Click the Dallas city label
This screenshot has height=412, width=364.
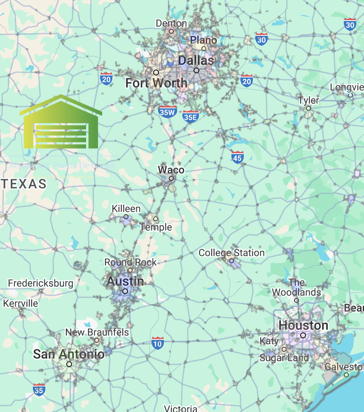coord(196,61)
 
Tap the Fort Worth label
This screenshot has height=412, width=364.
coord(156,83)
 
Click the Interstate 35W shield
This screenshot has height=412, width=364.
coord(168,111)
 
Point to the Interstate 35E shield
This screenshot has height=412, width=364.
coord(191,117)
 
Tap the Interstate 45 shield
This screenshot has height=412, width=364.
coord(237,157)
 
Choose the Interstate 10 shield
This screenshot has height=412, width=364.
coord(157,343)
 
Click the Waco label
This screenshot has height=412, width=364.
coord(171,170)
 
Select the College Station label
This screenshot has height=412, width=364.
coord(231,253)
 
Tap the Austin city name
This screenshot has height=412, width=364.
coord(125,281)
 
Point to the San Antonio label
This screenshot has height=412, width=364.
coord(69,354)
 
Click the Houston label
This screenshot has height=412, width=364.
coord(303,325)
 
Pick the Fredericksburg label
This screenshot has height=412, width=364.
coord(41,283)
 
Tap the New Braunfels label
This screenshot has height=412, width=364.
coord(97,332)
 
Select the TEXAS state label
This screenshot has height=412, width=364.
coord(24,184)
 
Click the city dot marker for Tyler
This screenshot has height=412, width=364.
coord(308,108)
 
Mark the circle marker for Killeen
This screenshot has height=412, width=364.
coord(126,217)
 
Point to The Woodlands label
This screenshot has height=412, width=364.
coord(296,288)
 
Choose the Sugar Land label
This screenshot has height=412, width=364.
coord(284,358)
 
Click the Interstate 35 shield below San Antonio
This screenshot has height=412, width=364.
coord(39,389)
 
